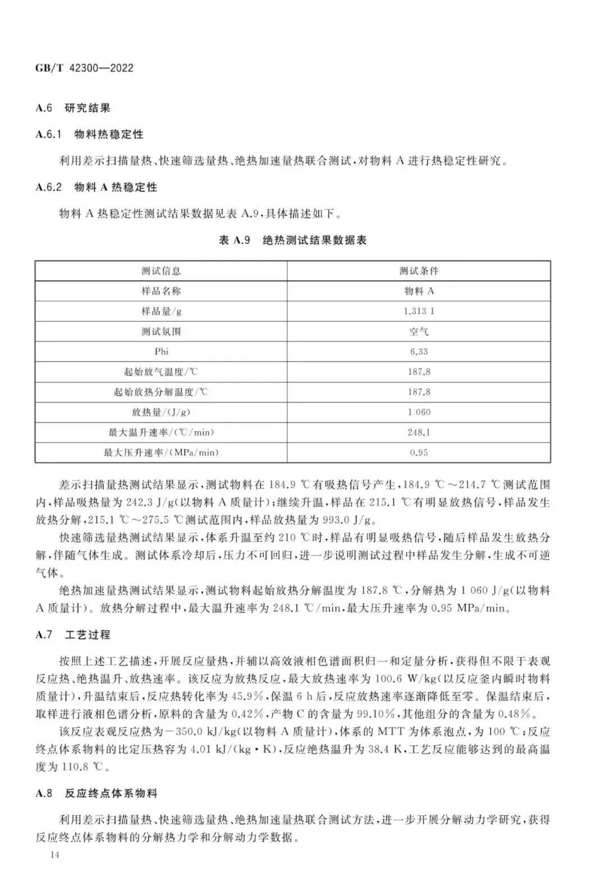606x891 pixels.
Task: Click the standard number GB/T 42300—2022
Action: click(84, 68)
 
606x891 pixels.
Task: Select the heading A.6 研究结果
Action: click(73, 108)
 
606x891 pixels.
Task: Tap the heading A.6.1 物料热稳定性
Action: click(89, 135)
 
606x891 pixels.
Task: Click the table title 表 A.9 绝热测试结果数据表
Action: click(292, 241)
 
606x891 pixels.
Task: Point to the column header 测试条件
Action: click(419, 271)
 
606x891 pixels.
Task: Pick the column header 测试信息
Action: click(161, 271)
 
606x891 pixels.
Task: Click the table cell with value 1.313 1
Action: click(419, 311)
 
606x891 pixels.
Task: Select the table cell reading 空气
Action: click(419, 331)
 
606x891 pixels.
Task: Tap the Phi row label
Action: click(161, 352)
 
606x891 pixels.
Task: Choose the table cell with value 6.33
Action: click(419, 352)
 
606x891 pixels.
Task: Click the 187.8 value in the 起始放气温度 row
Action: click(419, 372)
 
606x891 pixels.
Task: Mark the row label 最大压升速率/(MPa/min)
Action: click(161, 453)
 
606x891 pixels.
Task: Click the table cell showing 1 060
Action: click(419, 412)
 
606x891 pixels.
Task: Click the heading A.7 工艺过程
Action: click(73, 635)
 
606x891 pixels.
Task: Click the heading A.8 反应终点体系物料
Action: click(97, 793)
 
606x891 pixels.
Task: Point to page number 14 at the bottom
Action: click(54, 855)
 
